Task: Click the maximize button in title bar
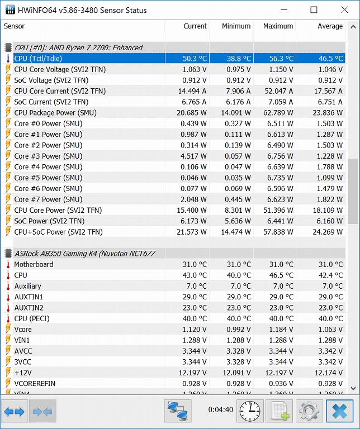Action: point(314,10)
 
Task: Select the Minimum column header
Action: point(236,26)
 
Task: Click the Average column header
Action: point(330,26)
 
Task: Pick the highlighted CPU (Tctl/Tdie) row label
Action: point(38,59)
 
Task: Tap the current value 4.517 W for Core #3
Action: point(194,156)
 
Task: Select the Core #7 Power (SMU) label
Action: point(48,199)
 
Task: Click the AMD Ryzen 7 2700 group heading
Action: point(78,48)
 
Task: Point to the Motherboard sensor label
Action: point(34,264)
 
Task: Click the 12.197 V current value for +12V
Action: point(192,373)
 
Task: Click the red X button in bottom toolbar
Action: point(339,412)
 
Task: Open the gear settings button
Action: point(309,412)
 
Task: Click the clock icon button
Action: point(250,412)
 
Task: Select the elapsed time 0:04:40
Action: point(220,410)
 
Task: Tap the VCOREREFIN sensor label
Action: point(35,384)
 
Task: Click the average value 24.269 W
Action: point(326,232)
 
